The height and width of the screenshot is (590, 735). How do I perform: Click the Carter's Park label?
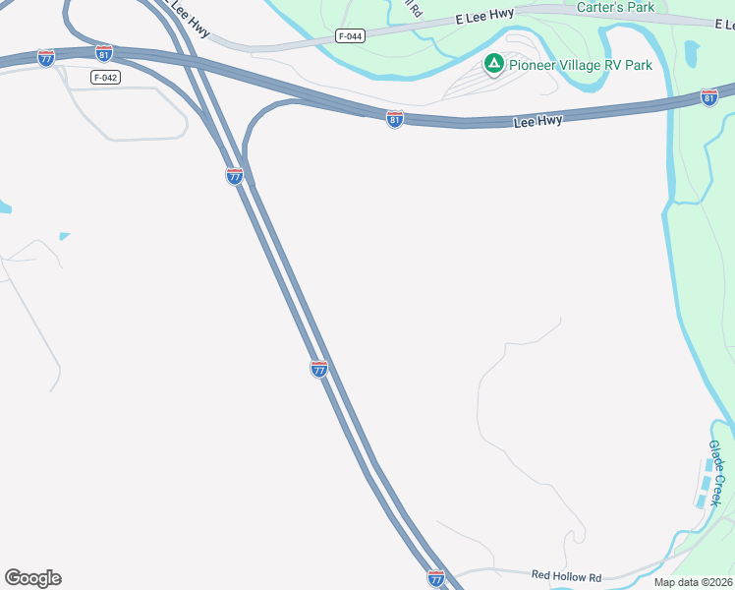(x=615, y=7)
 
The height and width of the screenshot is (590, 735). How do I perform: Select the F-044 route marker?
(x=349, y=36)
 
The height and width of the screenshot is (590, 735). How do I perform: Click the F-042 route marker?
(x=105, y=77)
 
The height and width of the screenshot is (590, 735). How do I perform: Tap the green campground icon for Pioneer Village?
(x=494, y=65)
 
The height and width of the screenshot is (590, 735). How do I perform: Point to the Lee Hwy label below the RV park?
(x=538, y=121)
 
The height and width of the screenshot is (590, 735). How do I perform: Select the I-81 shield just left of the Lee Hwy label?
(x=395, y=119)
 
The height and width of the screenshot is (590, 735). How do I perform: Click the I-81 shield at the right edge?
(x=709, y=96)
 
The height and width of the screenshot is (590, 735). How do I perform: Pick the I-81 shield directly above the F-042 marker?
(x=104, y=52)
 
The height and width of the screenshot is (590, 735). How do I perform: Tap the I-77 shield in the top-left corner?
(x=46, y=58)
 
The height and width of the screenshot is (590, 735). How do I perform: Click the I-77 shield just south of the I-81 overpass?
(x=234, y=176)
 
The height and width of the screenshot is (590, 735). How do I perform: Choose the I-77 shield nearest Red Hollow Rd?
(x=436, y=577)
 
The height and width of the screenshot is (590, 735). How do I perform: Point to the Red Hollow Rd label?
(x=566, y=575)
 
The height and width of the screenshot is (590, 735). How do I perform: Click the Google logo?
(x=32, y=578)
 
